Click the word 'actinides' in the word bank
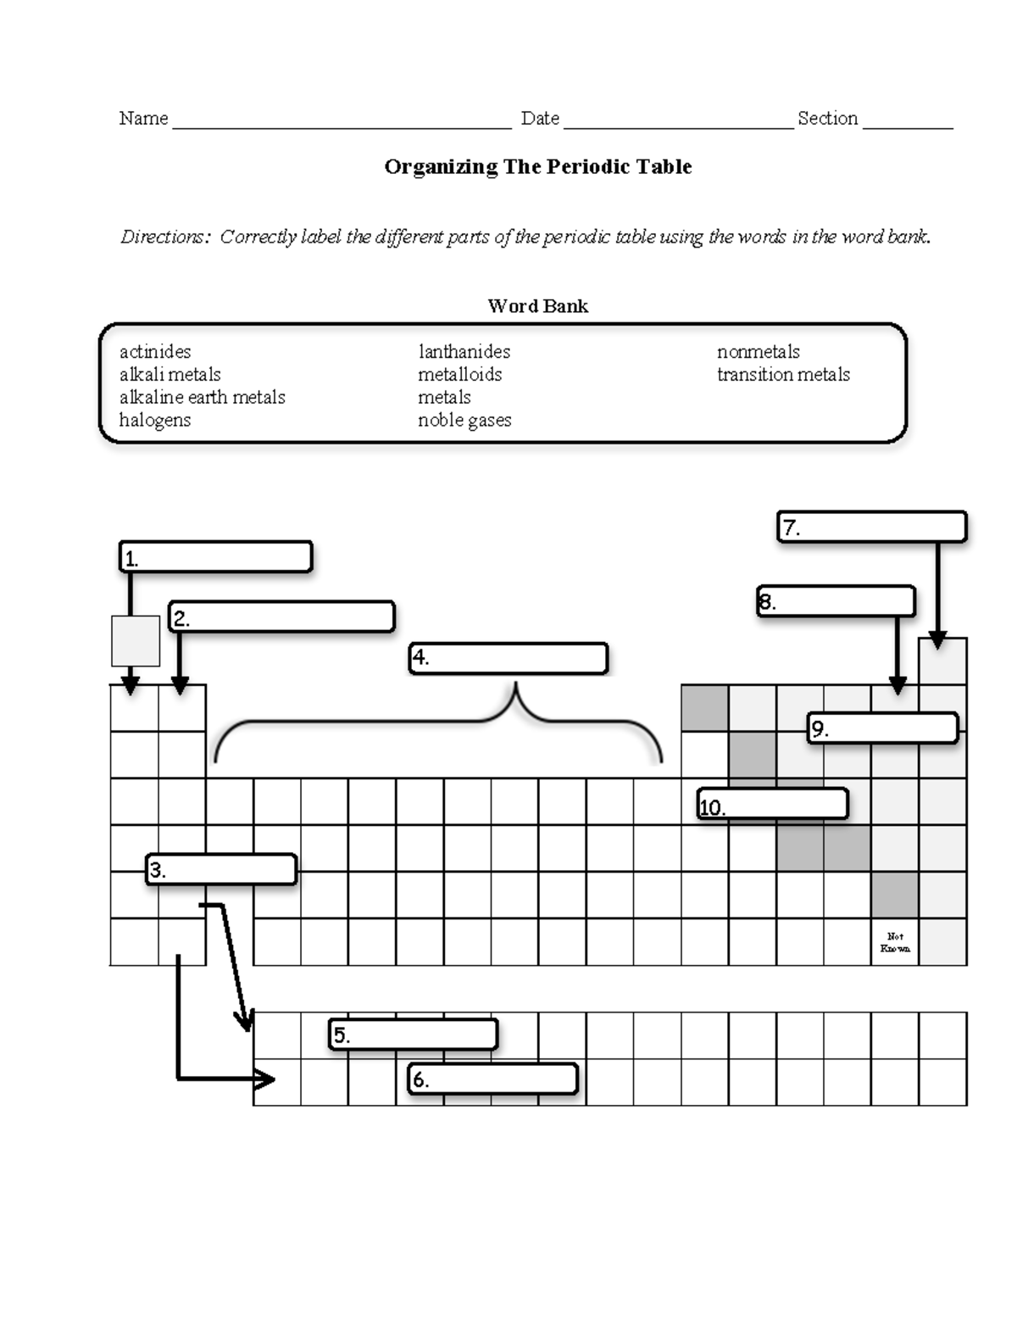tap(155, 352)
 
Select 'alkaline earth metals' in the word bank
tap(202, 398)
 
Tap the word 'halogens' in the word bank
tap(155, 421)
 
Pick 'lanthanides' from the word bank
tap(464, 352)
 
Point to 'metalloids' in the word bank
tap(459, 375)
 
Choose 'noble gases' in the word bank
tap(464, 421)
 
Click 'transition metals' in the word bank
tap(783, 375)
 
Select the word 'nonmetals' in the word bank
tap(758, 352)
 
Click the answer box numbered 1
tap(216, 557)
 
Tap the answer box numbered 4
tap(508, 658)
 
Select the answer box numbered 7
tap(872, 527)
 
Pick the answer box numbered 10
tap(773, 804)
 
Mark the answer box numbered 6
tap(493, 1079)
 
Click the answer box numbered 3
tap(221, 869)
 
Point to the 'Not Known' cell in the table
tap(895, 942)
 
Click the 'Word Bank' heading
tap(537, 306)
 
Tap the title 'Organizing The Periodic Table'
tap(537, 167)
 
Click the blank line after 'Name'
tap(342, 121)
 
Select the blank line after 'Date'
tap(678, 121)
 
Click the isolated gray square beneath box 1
tap(136, 640)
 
